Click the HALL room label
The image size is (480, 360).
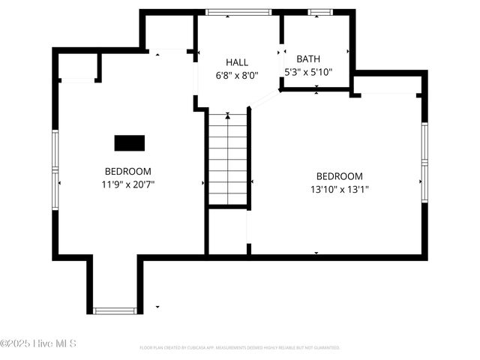(x=237, y=62)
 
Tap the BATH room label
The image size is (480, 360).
(x=307, y=58)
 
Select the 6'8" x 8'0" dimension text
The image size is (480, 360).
(x=237, y=75)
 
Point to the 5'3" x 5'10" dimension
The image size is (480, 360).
(x=307, y=72)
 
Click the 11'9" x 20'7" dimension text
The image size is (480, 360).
(x=128, y=184)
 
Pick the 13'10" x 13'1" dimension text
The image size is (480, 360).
(x=340, y=189)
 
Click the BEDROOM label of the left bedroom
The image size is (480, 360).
(x=128, y=171)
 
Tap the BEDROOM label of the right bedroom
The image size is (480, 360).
(x=340, y=176)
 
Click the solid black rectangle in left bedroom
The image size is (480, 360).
(x=130, y=142)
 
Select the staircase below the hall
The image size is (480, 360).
(x=228, y=159)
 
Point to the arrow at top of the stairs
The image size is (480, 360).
(x=228, y=116)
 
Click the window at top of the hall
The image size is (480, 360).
(x=238, y=12)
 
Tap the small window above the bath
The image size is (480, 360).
(x=320, y=12)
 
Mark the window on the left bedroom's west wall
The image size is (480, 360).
(x=55, y=170)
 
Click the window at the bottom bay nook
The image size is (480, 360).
(x=115, y=310)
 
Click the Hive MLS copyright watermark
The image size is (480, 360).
(x=38, y=344)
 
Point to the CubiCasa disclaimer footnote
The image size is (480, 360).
(x=240, y=348)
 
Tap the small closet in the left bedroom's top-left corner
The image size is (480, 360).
(x=77, y=67)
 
